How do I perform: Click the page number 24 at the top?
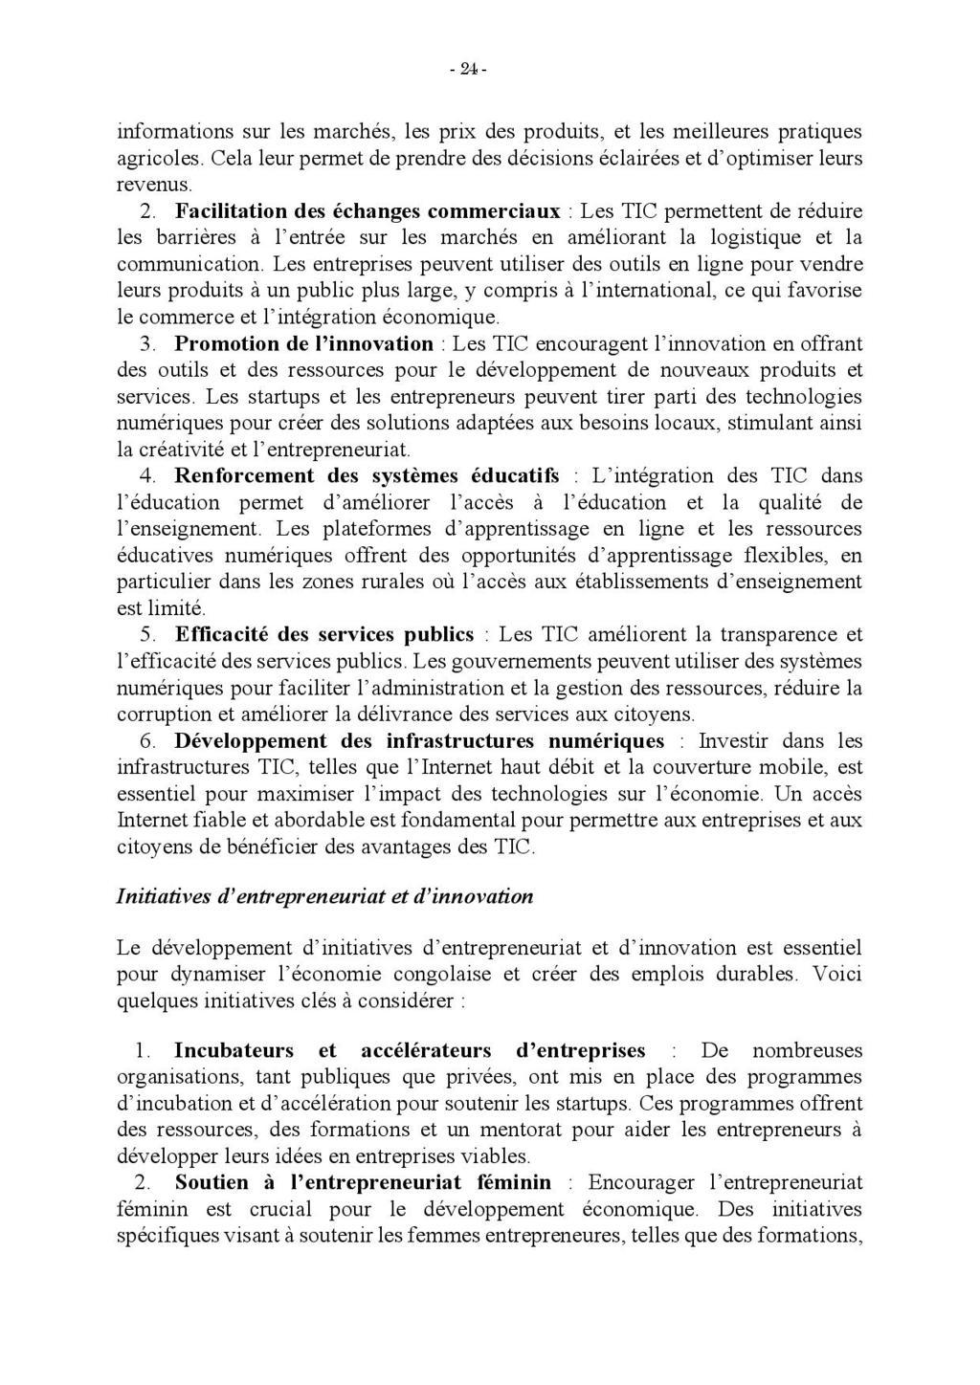click(x=468, y=68)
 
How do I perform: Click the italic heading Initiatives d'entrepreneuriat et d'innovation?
click(x=324, y=896)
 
